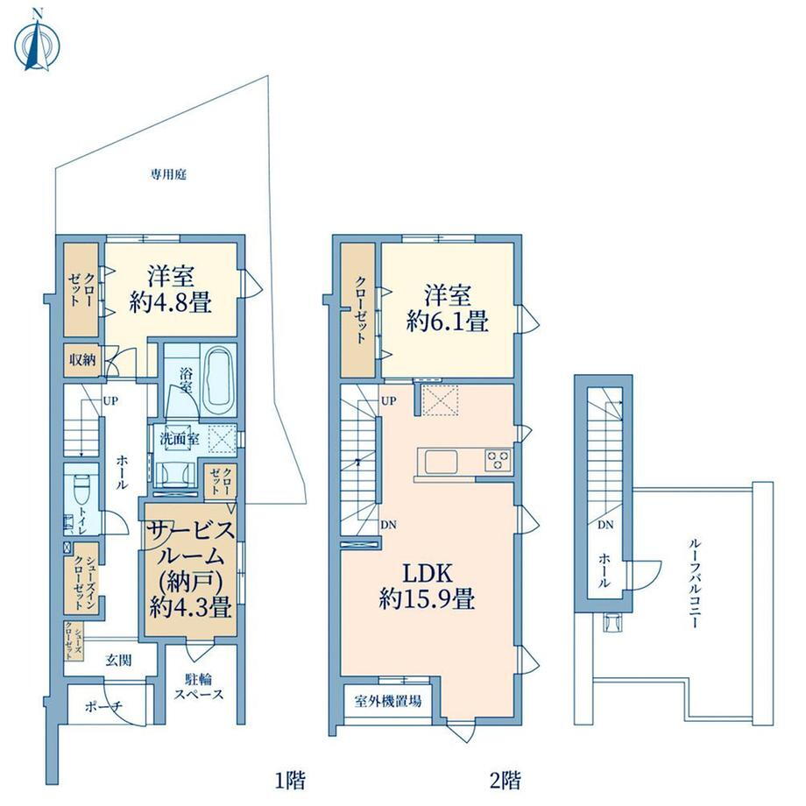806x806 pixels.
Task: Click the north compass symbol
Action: coord(36,41)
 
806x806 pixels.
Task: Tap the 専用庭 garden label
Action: coord(168,174)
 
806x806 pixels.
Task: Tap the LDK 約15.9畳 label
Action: coord(427,586)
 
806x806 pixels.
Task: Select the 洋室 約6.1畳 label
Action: coord(447,308)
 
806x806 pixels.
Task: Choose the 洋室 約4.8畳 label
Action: coord(171,289)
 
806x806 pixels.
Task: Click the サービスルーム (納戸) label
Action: coord(191,569)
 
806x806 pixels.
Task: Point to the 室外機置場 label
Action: coord(388,700)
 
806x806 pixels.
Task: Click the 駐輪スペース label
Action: coord(198,687)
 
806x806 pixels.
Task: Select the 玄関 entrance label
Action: coord(118,660)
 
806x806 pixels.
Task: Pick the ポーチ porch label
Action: coord(104,706)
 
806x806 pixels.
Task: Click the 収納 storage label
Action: coord(82,359)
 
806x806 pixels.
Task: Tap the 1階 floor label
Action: coord(291,781)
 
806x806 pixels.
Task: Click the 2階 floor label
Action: coord(506,781)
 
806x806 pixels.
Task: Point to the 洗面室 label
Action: coord(180,440)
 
